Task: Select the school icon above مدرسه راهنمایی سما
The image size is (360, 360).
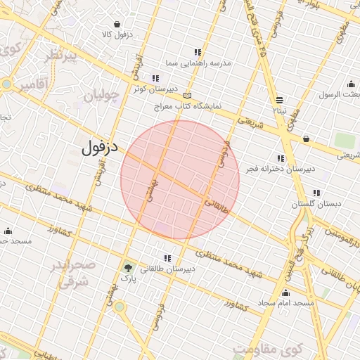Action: (198, 52)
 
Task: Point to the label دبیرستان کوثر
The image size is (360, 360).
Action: (149, 89)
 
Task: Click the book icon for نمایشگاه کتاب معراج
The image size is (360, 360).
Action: (186, 96)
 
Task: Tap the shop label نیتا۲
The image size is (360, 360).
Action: (280, 110)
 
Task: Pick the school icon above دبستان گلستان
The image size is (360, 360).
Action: (316, 192)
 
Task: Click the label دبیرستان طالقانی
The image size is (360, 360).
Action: (167, 269)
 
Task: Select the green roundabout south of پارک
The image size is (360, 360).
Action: (120, 307)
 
